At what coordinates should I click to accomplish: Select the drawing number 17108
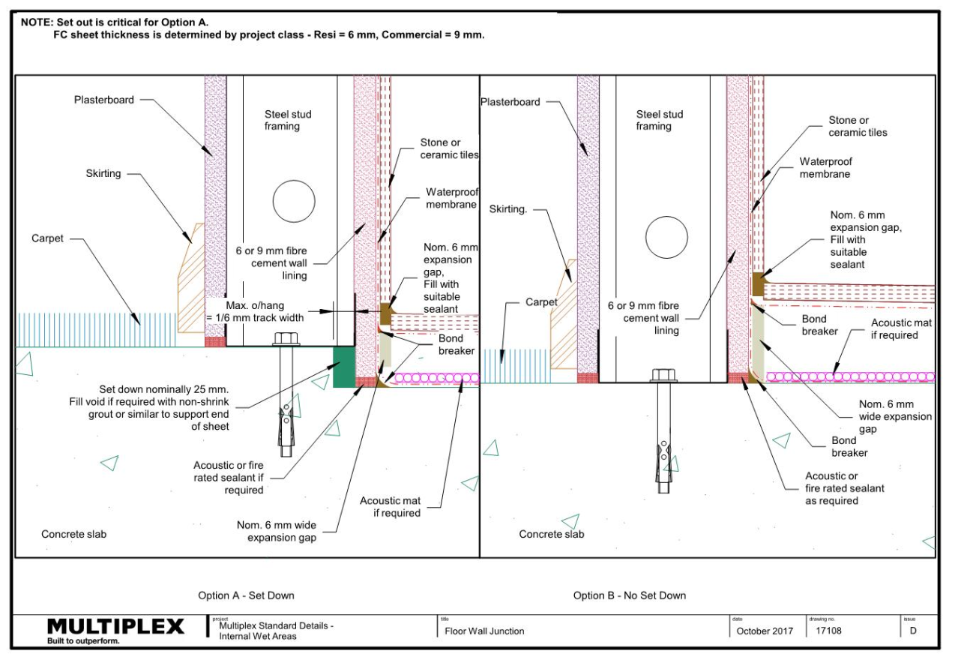pyautogui.click(x=828, y=631)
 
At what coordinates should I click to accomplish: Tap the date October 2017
pyautogui.click(x=764, y=631)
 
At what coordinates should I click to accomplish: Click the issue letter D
pyautogui.click(x=913, y=631)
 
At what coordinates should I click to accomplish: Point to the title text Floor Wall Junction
pyautogui.click(x=484, y=631)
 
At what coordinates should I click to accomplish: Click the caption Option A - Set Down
pyautogui.click(x=246, y=595)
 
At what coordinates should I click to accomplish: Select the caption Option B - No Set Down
pyautogui.click(x=629, y=595)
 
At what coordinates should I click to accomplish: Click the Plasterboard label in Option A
pyautogui.click(x=104, y=100)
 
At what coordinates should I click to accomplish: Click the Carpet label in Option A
pyautogui.click(x=48, y=238)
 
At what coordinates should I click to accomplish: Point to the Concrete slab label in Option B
pyautogui.click(x=552, y=534)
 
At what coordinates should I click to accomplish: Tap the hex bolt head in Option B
pyautogui.click(x=664, y=376)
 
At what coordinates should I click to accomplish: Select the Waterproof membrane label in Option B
pyautogui.click(x=825, y=167)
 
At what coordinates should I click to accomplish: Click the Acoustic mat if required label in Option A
pyautogui.click(x=390, y=507)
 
